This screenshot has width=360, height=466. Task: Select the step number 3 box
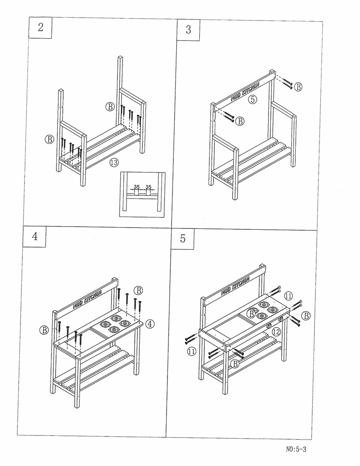[x=188, y=30]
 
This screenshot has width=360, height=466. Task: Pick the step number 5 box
[x=183, y=239]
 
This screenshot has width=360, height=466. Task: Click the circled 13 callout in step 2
[x=114, y=162]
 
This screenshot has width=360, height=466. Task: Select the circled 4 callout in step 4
[x=150, y=324]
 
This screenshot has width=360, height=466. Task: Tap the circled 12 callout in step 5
[x=276, y=332]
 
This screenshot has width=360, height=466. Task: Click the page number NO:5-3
[x=296, y=450]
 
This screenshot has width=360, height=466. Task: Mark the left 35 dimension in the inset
[x=136, y=187]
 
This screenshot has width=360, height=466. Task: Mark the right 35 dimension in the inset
[x=148, y=187]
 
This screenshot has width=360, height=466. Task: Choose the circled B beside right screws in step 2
[x=110, y=107]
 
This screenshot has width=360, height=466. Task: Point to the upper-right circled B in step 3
[x=298, y=87]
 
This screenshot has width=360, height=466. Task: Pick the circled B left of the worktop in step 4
[x=44, y=330]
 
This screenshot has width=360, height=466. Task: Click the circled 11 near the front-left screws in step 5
[x=192, y=351]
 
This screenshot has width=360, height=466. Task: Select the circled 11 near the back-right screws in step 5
[x=288, y=296]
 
